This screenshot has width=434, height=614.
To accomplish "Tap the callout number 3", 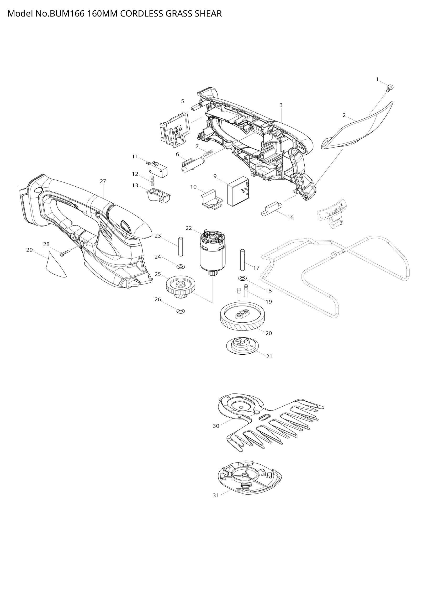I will tap(281, 105).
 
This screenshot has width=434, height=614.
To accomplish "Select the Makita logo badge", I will tap(333, 212).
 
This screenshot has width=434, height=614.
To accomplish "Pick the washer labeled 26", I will tap(180, 311).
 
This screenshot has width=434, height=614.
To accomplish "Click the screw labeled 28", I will tap(65, 253).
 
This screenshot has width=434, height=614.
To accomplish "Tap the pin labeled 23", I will tap(180, 246).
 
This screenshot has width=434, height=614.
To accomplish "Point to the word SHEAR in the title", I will tap(208, 14).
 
